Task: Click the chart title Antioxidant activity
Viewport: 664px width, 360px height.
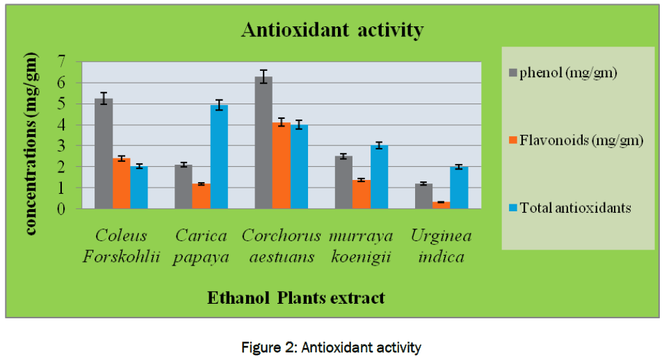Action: click(332, 31)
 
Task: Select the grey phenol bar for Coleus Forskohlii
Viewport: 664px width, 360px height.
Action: click(104, 154)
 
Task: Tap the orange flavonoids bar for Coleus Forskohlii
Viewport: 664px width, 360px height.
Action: click(122, 183)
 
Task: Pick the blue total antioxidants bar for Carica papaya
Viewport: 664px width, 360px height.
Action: click(219, 157)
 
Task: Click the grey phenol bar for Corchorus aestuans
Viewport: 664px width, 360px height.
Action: click(263, 143)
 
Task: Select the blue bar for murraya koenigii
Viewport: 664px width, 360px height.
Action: click(379, 177)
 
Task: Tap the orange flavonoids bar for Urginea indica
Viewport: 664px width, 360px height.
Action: click(441, 205)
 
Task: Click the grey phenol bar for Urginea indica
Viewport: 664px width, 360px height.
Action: click(423, 196)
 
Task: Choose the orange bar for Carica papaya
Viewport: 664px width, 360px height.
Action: click(202, 196)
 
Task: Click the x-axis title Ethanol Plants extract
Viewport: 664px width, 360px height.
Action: click(295, 298)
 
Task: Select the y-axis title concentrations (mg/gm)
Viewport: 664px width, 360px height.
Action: click(31, 145)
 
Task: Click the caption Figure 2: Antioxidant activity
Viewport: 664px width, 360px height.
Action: click(332, 347)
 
